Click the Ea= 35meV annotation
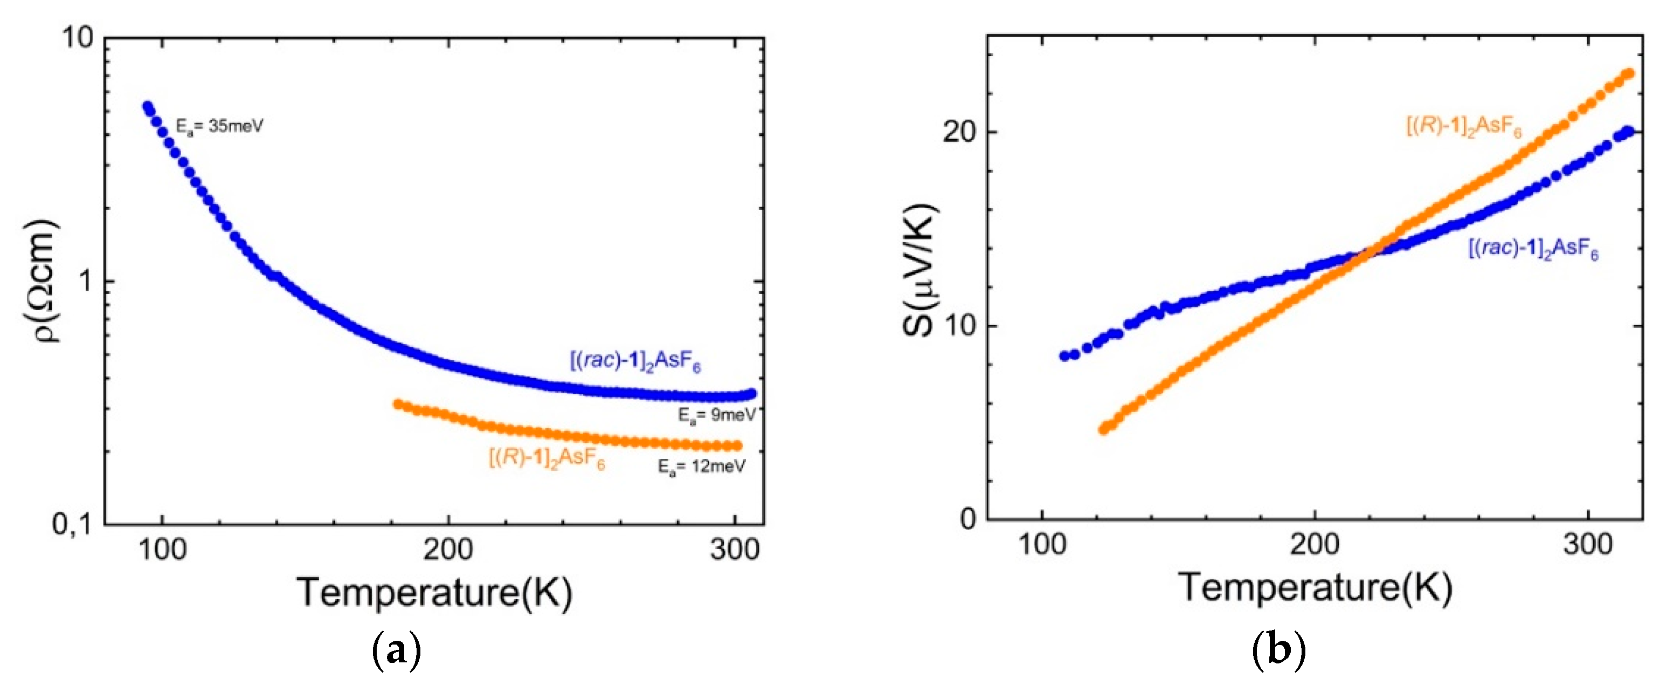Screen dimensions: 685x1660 coord(220,126)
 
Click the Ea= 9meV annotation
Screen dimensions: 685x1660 coord(716,416)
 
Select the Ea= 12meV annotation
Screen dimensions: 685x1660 coord(701,467)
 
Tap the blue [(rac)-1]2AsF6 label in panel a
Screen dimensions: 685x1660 coord(635,362)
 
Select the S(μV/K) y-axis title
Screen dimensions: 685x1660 coord(920,271)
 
